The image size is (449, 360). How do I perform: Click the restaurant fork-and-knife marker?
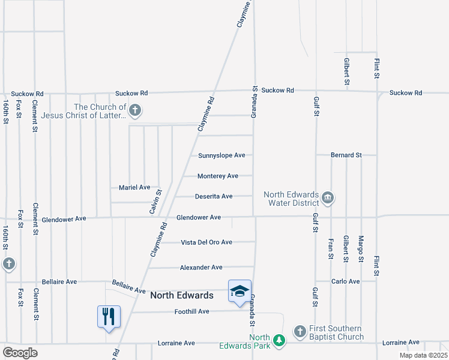[109, 316]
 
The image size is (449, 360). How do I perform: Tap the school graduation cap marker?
[240, 292]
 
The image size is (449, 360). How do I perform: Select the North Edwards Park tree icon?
[279, 340]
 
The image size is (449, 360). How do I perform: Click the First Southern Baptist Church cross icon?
[300, 331]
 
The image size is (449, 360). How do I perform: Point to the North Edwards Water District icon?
[328, 197]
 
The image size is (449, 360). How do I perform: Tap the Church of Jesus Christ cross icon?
[135, 110]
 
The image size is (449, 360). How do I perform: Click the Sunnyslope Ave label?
[221, 155]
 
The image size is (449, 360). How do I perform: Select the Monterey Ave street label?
[218, 176]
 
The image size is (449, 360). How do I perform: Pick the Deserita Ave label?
[214, 196]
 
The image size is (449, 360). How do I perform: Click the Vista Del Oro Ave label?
[206, 242]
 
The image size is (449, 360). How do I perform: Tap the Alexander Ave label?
[201, 267]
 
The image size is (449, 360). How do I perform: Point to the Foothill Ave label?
[191, 311]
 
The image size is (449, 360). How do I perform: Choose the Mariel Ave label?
[134, 187]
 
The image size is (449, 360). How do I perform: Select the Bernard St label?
[346, 155]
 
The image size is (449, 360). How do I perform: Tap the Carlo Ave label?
[346, 281]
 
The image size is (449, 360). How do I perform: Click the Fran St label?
[331, 248]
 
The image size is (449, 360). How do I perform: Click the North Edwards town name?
[181, 295]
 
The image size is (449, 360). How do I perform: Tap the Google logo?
[20, 352]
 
